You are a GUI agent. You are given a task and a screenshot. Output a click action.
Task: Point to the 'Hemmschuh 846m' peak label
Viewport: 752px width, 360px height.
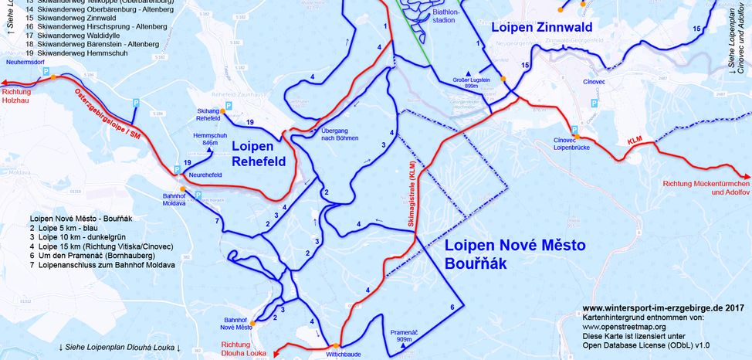pyautogui.click(x=205, y=139)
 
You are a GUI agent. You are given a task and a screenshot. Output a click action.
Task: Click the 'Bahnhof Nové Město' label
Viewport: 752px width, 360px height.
pyautogui.click(x=239, y=324)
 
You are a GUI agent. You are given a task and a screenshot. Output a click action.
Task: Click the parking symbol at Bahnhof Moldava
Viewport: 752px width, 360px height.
pyautogui.click(x=198, y=196)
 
